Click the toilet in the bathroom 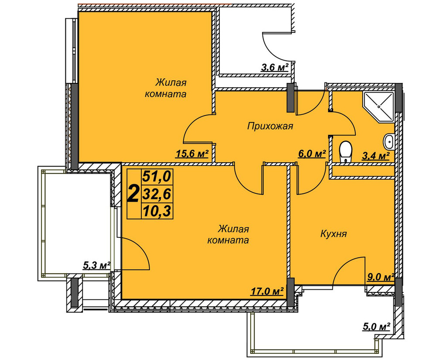point(345,151)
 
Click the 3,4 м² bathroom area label point(376,155)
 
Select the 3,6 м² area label point(274,67)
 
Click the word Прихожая point(270,126)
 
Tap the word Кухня point(334,234)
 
